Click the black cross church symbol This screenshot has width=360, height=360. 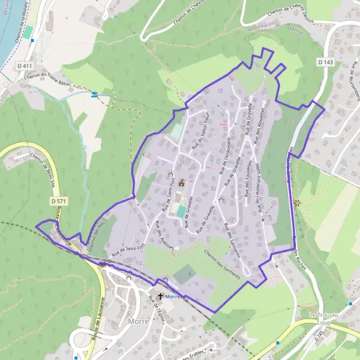tap(160, 296)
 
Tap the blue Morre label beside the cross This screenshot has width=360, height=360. tap(173, 297)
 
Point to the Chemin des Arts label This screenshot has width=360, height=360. tap(91, 235)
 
